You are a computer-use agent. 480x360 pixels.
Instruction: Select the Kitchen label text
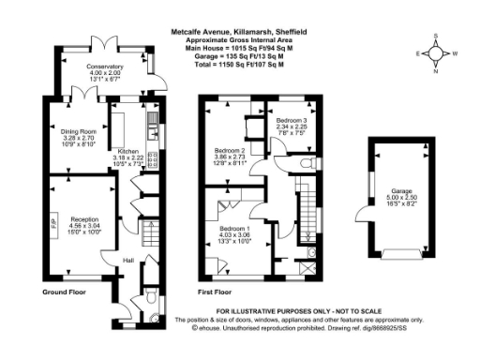[128, 150]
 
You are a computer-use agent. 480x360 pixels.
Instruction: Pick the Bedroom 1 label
[235, 229]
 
